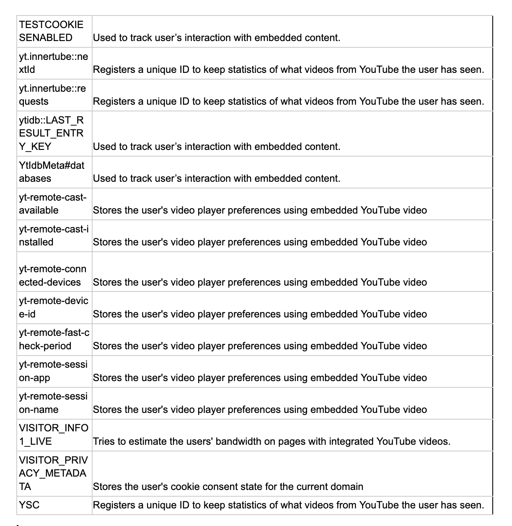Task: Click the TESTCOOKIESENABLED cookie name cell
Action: pyautogui.click(x=51, y=31)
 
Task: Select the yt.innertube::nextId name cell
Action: pyautogui.click(x=53, y=63)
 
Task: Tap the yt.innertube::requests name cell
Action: pyautogui.click(x=52, y=95)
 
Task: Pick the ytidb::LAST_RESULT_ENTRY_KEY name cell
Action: pyautogui.click(x=51, y=134)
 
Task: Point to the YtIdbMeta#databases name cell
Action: pyautogui.click(x=52, y=172)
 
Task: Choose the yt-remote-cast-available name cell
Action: pyautogui.click(x=52, y=204)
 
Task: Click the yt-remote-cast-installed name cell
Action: pyautogui.click(x=54, y=236)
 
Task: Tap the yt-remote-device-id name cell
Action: pyautogui.click(x=54, y=308)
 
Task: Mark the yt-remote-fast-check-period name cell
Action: pyautogui.click(x=54, y=340)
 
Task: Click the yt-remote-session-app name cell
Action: pyautogui.click(x=53, y=371)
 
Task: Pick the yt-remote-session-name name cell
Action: pyautogui.click(x=53, y=403)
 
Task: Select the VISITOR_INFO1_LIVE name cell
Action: pyautogui.click(x=54, y=435)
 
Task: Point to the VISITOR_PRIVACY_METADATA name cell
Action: pyautogui.click(x=53, y=474)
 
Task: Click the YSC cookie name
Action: pyautogui.click(x=29, y=505)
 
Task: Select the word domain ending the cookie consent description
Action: pyautogui.click(x=347, y=487)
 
